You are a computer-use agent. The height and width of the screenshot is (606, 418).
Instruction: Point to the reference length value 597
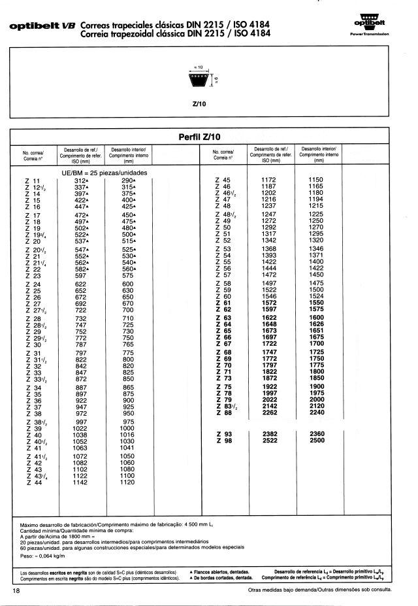81,275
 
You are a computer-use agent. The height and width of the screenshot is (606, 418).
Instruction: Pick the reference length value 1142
81,482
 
